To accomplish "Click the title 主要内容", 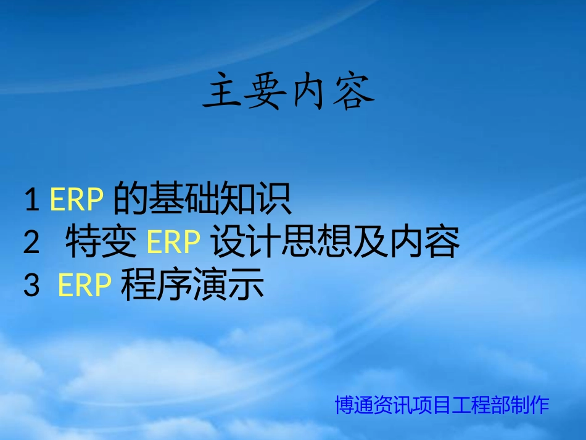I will (x=289, y=91).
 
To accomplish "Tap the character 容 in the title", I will (x=353, y=91).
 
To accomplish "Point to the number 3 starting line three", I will (x=31, y=285).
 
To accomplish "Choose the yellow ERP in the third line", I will (x=85, y=285).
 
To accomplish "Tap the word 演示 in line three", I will (x=228, y=285).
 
